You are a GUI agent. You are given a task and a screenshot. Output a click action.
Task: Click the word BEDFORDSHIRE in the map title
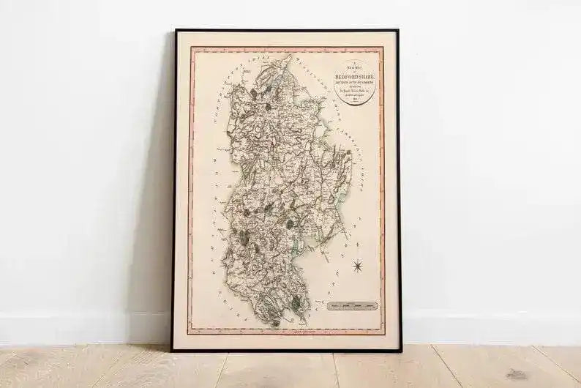354,74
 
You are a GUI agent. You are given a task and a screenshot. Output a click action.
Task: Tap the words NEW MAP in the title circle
354,67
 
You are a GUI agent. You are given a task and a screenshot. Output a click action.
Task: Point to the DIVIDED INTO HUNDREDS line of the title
354,81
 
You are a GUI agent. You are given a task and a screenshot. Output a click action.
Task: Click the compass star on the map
357,266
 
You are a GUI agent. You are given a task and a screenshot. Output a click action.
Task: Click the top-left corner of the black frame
175,31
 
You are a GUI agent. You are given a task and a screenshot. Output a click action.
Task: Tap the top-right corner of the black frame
398,31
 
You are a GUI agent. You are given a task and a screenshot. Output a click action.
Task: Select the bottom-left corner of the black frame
173,350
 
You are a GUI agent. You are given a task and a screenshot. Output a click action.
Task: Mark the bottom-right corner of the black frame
400,350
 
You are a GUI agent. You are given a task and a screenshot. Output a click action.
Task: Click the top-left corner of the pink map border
191,48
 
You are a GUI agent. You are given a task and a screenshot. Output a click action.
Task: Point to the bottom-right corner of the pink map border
384,334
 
